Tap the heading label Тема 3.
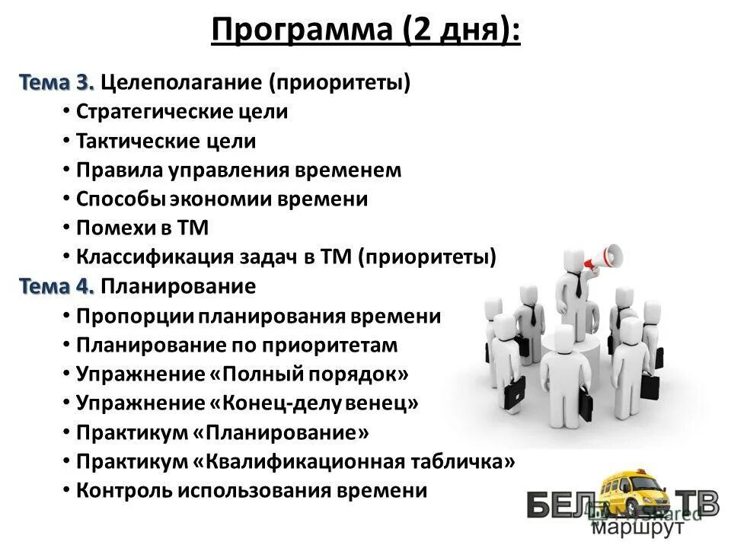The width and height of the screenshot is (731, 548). [57, 81]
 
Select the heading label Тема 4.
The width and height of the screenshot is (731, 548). [57, 286]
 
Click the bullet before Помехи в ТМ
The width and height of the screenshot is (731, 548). [67, 228]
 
